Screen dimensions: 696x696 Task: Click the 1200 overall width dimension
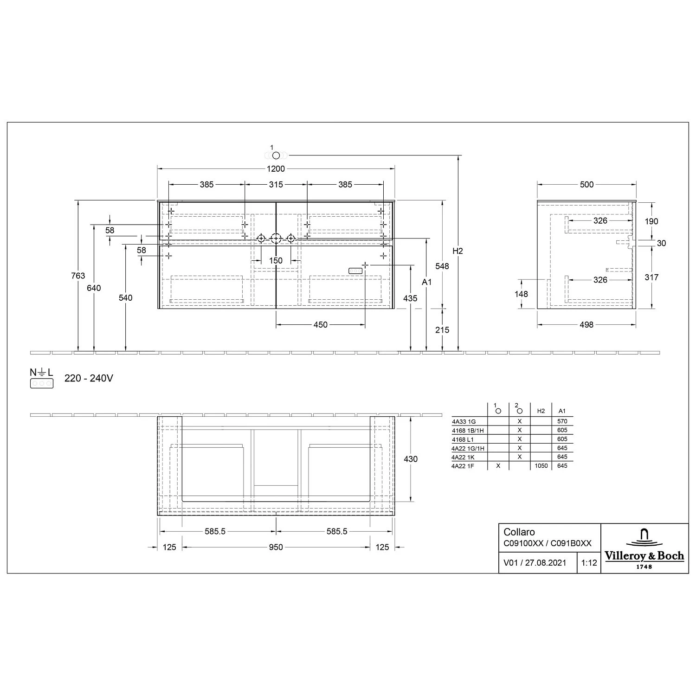276,169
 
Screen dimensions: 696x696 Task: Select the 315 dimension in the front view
276,185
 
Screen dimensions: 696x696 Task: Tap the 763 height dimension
78,276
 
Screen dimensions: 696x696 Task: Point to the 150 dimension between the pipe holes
276,260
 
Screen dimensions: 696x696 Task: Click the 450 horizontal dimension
320,325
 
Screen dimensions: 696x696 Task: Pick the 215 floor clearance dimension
442,330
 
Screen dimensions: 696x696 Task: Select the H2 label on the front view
458,251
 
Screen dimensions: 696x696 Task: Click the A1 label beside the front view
426,282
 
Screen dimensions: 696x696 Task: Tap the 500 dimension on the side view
586,185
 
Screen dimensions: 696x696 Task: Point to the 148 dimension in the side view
521,294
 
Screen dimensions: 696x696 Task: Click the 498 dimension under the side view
586,325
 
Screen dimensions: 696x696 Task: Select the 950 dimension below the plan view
276,548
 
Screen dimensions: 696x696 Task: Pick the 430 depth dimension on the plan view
411,459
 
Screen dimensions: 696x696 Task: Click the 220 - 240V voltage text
89,378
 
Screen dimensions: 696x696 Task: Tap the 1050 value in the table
541,466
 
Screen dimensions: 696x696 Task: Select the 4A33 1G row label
464,422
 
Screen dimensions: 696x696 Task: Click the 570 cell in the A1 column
562,421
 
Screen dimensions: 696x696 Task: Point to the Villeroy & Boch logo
644,549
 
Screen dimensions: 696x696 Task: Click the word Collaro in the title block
519,532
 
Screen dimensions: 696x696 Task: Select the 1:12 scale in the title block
589,563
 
